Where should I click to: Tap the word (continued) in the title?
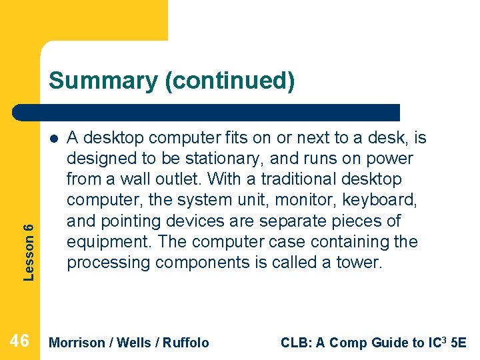230,81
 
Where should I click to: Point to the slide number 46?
20,341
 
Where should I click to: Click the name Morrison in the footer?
77,343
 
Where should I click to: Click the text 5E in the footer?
459,343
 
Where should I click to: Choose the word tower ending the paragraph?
363,262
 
